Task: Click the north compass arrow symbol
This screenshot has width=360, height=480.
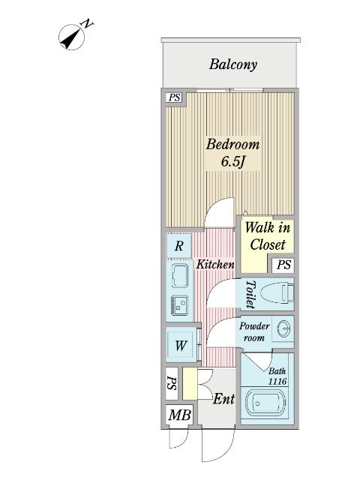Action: point(73,35)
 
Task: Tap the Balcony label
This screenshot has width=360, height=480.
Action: point(232,64)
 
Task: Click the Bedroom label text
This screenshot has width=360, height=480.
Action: point(232,145)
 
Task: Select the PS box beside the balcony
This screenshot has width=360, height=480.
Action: point(174,97)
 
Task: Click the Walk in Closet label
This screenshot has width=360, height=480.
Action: point(267,235)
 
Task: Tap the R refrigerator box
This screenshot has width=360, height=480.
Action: point(179,246)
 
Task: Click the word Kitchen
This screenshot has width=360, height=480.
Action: point(215,265)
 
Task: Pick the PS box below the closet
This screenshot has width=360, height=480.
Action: point(283,265)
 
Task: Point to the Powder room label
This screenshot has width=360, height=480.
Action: point(253,331)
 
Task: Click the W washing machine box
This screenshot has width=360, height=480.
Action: point(181,346)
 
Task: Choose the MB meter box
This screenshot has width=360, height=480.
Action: point(179,415)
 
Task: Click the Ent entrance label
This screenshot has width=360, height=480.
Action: point(223,400)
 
